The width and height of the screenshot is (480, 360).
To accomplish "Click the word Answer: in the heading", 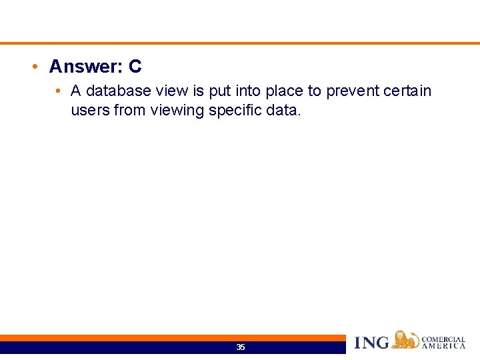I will pyautogui.click(x=86, y=67).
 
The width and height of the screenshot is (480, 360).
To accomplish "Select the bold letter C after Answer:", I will pyautogui.click(x=135, y=67).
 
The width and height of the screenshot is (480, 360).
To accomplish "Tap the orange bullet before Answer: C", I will pyautogui.click(x=34, y=67).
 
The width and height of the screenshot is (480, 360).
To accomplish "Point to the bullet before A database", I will pyautogui.click(x=59, y=91).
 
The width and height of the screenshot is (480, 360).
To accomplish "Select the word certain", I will pyautogui.click(x=408, y=91).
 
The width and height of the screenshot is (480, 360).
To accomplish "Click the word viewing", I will pyautogui.click(x=177, y=110).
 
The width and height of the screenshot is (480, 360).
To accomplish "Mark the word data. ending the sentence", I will pyautogui.click(x=284, y=110).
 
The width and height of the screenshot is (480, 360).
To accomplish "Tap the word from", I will pyautogui.click(x=130, y=110).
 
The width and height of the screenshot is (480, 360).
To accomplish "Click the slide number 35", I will pyautogui.click(x=241, y=347).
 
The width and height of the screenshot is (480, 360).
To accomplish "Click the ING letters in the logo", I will pyautogui.click(x=372, y=343).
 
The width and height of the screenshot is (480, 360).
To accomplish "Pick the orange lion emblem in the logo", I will pyautogui.click(x=405, y=340).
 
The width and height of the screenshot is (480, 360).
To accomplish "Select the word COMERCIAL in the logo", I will pyautogui.click(x=443, y=339).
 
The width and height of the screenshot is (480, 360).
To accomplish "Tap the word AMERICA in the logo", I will pyautogui.click(x=443, y=346).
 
